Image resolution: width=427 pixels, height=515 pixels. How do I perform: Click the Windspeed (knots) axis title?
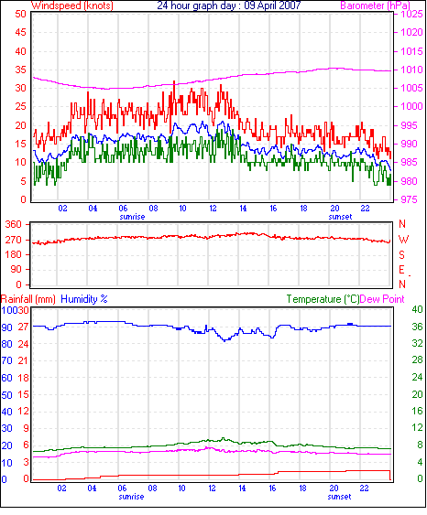72,5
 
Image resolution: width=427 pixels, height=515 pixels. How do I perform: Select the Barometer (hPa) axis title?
376,5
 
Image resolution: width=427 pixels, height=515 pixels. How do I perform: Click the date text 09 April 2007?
272,5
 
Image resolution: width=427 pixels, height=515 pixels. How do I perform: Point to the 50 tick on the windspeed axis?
20,14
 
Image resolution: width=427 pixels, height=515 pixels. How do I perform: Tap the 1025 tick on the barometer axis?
411,14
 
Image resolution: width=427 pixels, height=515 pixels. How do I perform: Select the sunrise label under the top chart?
132,217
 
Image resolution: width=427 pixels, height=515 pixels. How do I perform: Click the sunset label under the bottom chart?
340,497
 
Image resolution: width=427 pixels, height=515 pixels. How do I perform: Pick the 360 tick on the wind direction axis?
13,225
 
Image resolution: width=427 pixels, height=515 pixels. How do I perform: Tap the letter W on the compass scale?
403,240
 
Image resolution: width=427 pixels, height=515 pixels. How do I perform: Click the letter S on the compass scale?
401,255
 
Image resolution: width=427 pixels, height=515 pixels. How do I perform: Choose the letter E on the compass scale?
401,270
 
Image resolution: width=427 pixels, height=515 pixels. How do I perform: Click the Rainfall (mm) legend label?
28,299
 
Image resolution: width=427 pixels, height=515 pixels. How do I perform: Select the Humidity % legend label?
84,299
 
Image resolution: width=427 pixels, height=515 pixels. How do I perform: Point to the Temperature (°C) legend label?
323,299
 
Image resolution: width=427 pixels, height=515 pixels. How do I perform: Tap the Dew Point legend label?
382,299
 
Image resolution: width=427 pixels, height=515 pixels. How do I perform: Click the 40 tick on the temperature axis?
417,309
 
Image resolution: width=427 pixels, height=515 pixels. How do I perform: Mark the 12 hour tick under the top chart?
213,209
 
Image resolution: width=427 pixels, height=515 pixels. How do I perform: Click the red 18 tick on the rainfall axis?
23,378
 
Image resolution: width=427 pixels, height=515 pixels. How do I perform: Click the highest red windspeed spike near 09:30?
174,81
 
